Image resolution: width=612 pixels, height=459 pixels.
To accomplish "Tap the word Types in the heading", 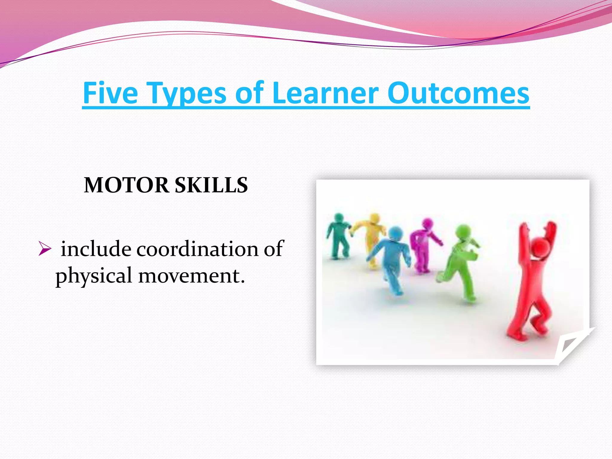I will pyautogui.click(x=187, y=94).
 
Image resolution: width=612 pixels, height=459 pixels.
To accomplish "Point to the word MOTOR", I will pyautogui.click(x=126, y=185).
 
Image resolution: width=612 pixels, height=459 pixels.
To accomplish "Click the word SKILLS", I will pyautogui.click(x=211, y=185).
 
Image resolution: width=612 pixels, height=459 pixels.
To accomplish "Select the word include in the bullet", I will pyautogui.click(x=96, y=249).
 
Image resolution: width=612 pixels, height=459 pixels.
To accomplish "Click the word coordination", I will pyautogui.click(x=197, y=249).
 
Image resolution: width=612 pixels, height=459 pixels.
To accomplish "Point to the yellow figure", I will pyautogui.click(x=371, y=236).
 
